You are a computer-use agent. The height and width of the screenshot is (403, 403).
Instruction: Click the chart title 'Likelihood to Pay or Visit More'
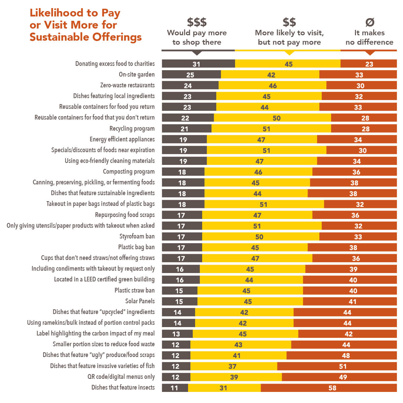[85, 25]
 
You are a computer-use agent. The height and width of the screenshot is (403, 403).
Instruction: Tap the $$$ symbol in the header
[197, 22]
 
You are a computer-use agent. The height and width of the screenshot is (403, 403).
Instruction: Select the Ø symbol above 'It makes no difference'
[369, 22]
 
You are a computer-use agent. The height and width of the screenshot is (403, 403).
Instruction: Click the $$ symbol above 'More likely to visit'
[289, 22]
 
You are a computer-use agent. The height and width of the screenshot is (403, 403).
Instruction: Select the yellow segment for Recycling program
[271, 129]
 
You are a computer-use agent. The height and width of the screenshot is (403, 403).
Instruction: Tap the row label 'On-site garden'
[137, 75]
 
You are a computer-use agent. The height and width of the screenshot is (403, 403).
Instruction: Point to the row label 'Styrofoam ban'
[137, 236]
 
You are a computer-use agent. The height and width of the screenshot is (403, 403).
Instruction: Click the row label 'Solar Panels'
[140, 301]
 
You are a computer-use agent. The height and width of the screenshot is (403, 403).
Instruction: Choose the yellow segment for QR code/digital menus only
[236, 377]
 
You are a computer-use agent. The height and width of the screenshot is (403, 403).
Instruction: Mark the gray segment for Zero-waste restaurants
[190, 86]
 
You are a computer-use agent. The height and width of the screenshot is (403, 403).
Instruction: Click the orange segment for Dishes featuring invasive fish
[337, 366]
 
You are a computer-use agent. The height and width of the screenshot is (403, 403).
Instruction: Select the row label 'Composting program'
[129, 172]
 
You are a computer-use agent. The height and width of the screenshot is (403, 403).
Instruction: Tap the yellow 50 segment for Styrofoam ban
[261, 237]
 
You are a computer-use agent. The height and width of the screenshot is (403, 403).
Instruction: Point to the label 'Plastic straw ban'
[135, 290]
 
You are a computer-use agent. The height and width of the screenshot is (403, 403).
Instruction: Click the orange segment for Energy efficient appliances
[357, 139]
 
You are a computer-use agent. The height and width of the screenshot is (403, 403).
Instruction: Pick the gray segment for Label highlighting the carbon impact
[177, 334]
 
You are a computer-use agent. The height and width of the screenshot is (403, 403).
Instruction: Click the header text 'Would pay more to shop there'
[197, 37]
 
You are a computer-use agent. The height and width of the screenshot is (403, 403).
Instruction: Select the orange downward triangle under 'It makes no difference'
[370, 53]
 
